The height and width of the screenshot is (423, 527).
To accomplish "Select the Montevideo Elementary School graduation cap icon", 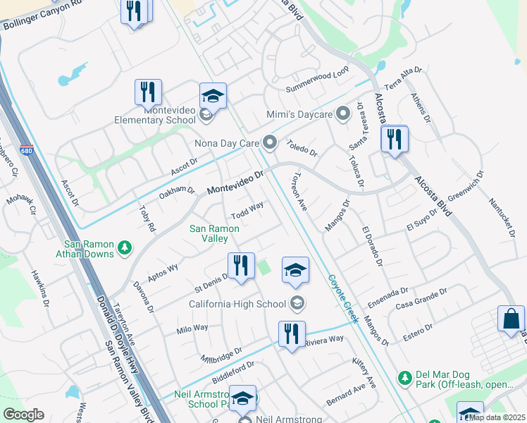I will [x=213, y=97].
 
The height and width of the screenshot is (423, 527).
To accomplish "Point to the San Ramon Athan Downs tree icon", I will [x=125, y=247].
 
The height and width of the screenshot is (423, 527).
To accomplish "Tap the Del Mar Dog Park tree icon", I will [x=404, y=379].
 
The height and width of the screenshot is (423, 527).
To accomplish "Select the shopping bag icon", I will [x=511, y=319].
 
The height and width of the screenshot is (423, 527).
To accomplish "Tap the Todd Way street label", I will [x=247, y=209].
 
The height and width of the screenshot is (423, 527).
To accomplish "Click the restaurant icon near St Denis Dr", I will [x=241, y=266].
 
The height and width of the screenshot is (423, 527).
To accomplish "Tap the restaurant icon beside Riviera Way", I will [x=291, y=334].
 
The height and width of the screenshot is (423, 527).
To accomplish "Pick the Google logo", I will [x=23, y=415].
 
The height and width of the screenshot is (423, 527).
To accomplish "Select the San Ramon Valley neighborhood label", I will [x=215, y=233].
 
